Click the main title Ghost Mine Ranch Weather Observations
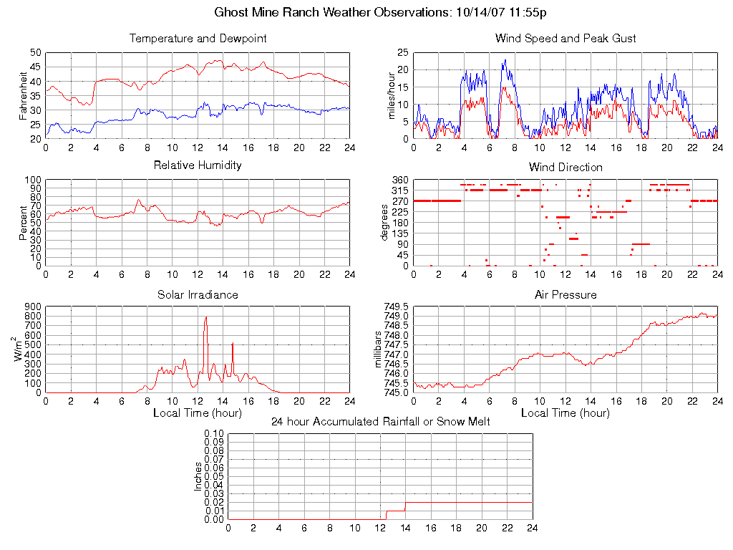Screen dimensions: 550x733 coord(381,12)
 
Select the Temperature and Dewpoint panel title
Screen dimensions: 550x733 coord(198,38)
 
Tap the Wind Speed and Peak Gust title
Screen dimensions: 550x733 coord(565,38)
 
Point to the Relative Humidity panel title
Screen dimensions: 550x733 coord(198,165)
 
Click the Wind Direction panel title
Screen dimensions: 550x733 coord(565,167)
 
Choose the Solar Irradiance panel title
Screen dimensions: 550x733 coord(198,294)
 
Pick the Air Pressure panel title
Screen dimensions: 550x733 coord(565,294)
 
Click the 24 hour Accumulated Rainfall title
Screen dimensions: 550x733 coord(380,422)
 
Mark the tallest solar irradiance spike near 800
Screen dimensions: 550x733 coord(205,317)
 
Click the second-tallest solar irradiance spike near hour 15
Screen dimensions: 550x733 coord(233,344)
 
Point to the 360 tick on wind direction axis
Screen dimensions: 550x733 coord(399,180)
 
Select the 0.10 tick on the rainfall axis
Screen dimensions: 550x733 coord(214,434)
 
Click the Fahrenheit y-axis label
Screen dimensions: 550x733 coord(23,95)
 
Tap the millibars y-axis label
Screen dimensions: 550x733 coord(380,349)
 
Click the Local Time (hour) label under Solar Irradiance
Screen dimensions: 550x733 coord(198,412)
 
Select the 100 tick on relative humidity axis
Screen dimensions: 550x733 coord(32,180)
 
